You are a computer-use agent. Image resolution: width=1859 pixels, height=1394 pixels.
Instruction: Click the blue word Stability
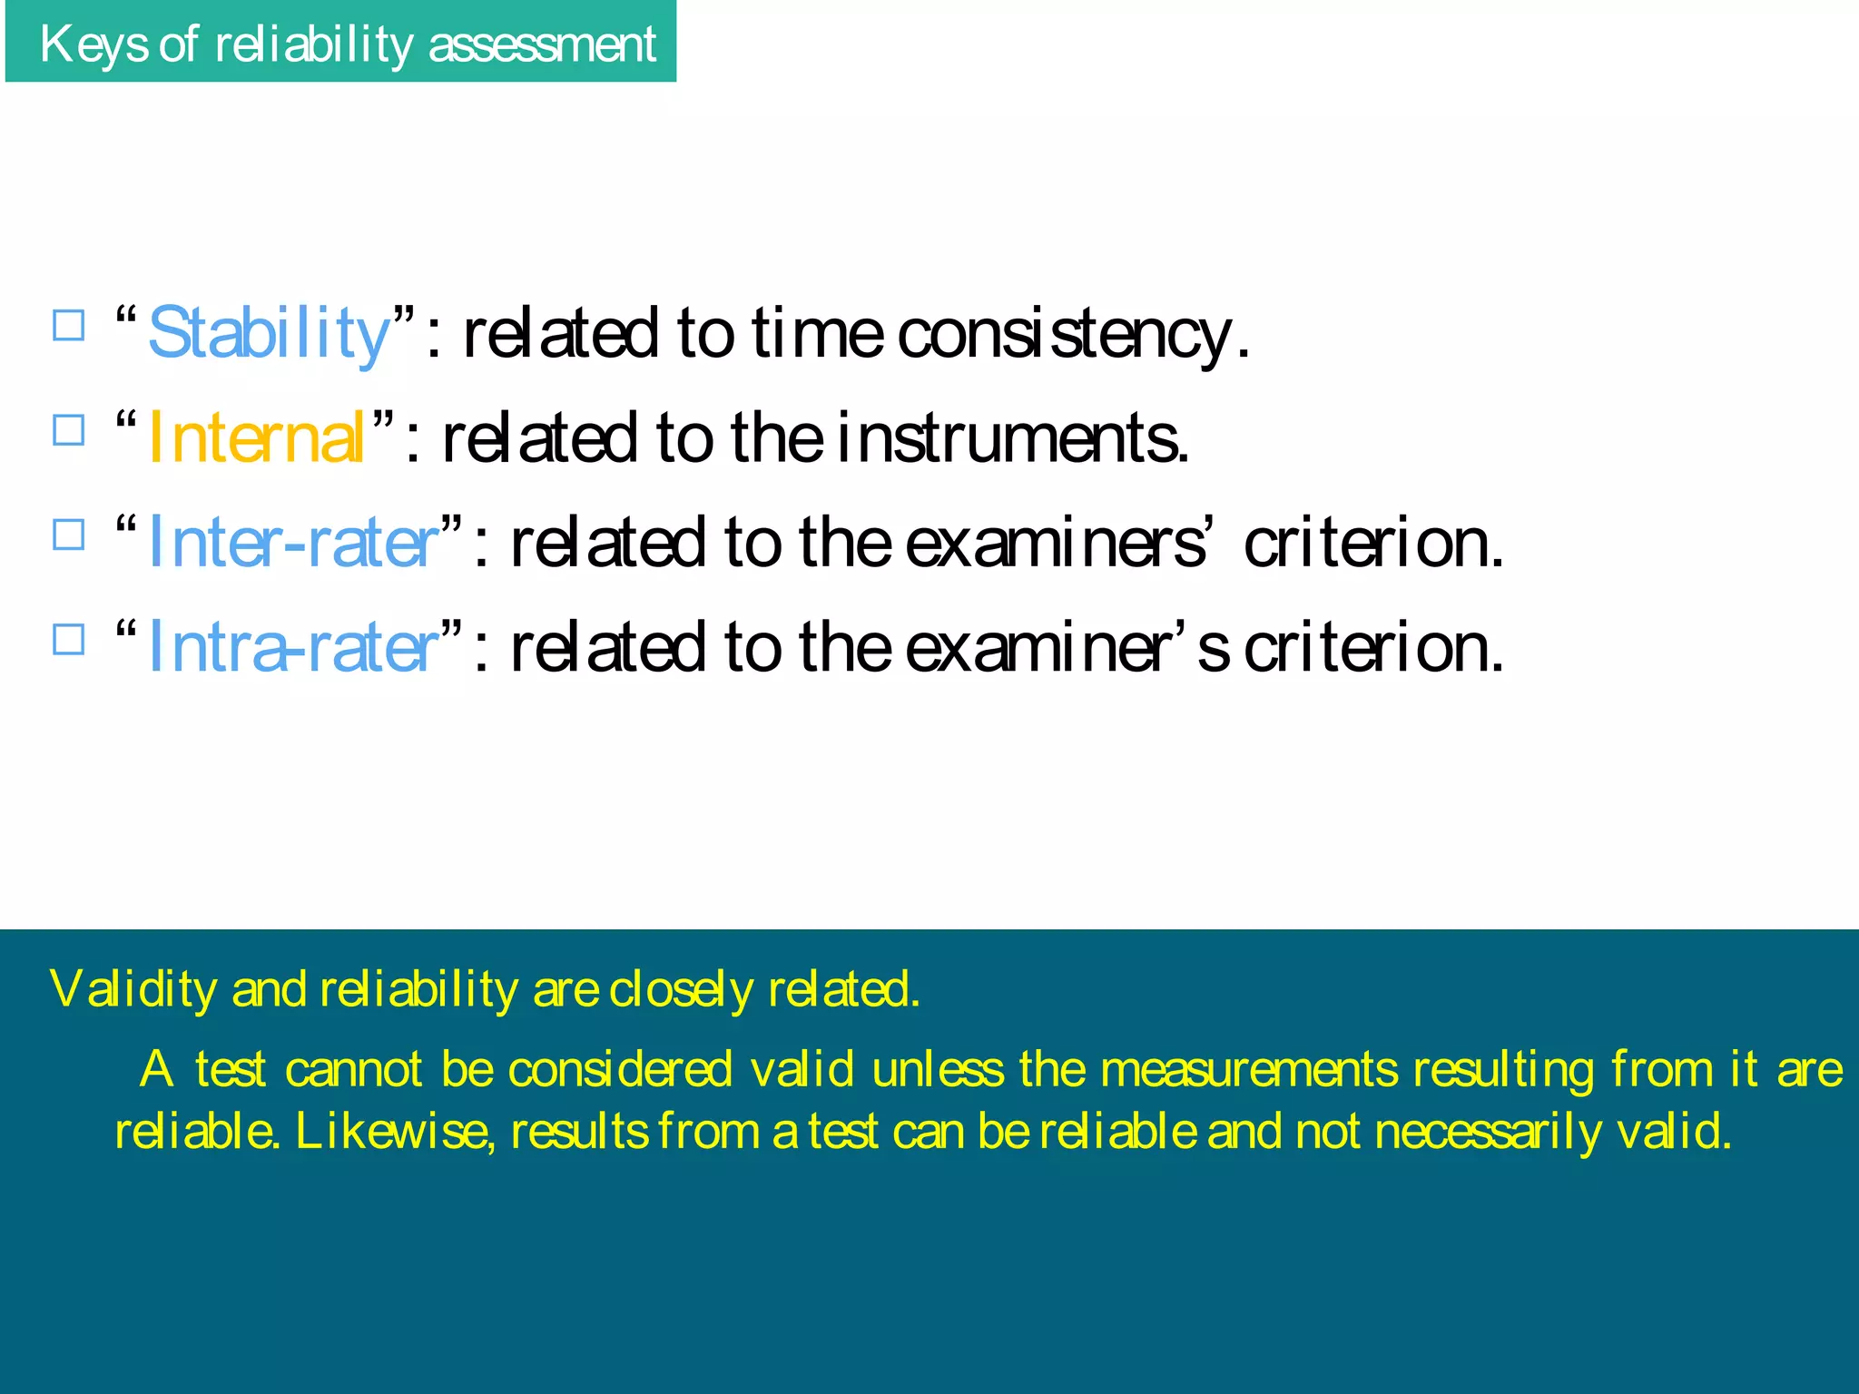click(269, 334)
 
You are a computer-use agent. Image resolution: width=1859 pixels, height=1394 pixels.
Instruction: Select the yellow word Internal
click(256, 438)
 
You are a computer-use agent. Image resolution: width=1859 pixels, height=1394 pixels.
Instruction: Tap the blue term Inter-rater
click(293, 543)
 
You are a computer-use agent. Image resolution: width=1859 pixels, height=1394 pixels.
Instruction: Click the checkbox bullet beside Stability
click(69, 325)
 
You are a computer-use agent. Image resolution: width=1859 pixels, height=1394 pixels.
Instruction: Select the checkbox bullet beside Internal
click(69, 430)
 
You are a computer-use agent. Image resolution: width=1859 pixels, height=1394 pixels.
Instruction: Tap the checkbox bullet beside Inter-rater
click(69, 535)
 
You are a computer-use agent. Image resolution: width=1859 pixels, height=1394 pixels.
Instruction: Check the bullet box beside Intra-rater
click(69, 639)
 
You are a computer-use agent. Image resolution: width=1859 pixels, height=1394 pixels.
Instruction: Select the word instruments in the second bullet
click(1011, 438)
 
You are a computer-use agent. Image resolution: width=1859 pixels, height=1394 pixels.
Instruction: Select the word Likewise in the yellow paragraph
click(395, 1132)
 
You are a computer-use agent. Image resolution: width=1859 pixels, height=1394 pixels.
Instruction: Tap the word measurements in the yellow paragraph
click(1249, 1069)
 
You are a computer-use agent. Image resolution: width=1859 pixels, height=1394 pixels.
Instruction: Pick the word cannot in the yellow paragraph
click(353, 1069)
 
